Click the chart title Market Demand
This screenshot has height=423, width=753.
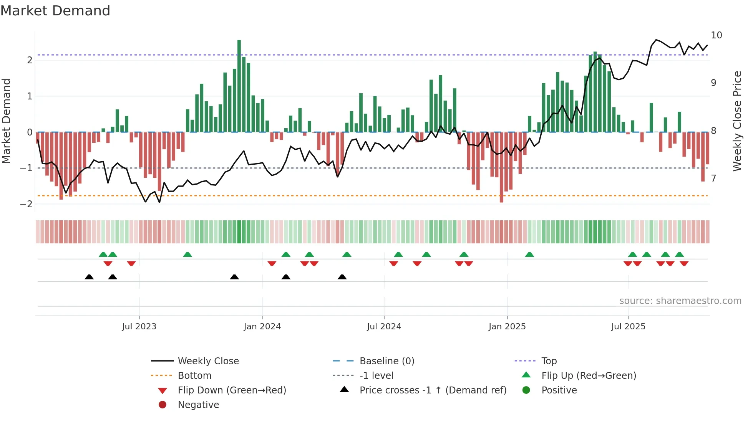pyautogui.click(x=55, y=11)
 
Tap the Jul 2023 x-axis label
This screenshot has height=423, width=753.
pyautogui.click(x=139, y=327)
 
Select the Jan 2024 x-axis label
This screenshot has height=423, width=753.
pyautogui.click(x=262, y=327)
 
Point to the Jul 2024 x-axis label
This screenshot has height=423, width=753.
pyautogui.click(x=384, y=327)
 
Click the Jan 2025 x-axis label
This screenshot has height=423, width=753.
pyautogui.click(x=507, y=327)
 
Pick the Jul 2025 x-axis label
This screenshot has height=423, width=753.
pyautogui.click(x=628, y=327)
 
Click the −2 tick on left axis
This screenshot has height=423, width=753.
pyautogui.click(x=27, y=204)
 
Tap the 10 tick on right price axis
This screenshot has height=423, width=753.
pyautogui.click(x=717, y=35)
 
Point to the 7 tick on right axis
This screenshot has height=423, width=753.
pyautogui.click(x=713, y=178)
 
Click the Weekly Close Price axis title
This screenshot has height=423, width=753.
pyautogui.click(x=737, y=121)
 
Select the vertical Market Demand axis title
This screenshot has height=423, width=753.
pyautogui.click(x=7, y=121)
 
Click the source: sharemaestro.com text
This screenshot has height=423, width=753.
pyautogui.click(x=680, y=301)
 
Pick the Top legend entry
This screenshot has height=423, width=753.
pyautogui.click(x=549, y=361)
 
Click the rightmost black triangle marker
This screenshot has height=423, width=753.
pyautogui.click(x=342, y=277)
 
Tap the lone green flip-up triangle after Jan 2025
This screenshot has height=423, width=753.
pyautogui.click(x=529, y=255)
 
